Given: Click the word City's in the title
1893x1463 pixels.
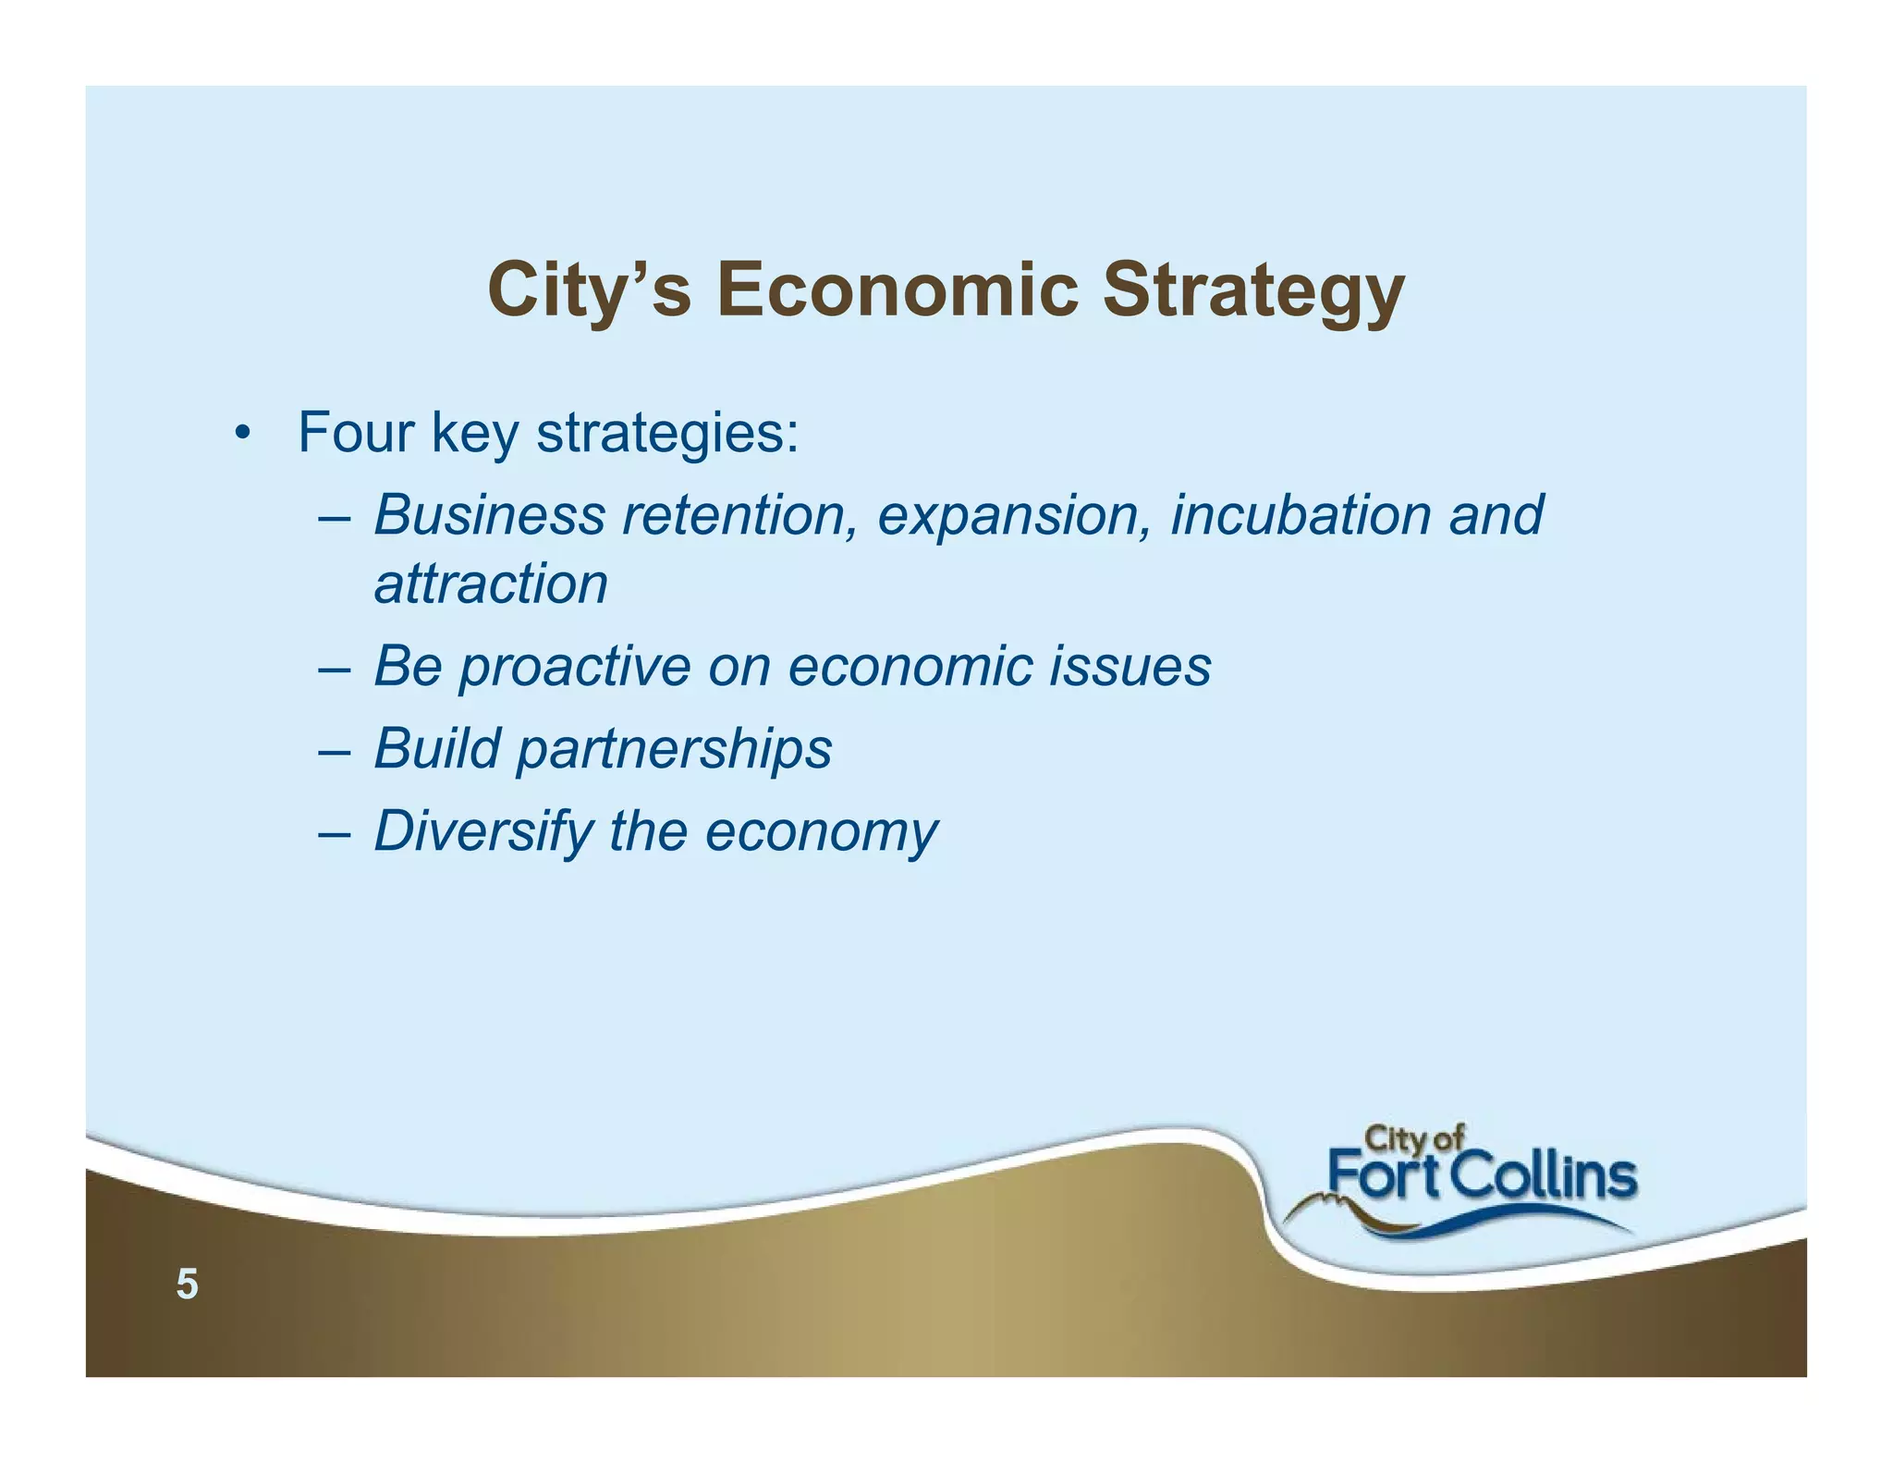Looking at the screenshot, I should point(589,290).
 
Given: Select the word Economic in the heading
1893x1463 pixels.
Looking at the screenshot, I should point(898,289).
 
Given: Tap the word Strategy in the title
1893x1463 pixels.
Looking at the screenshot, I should point(1253,290).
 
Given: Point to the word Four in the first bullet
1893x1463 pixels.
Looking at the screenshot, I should point(355,432).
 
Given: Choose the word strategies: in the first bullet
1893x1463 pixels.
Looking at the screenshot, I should point(667,434).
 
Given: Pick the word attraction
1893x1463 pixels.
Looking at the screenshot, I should point(491,584).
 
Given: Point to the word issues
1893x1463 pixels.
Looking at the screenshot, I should point(1130,666).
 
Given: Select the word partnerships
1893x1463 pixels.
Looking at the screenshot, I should point(674,749).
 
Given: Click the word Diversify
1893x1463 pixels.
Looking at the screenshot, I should point(482,831).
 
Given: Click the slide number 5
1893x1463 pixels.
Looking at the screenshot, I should point(187,1285).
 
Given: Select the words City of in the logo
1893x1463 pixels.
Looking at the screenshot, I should point(1413,1137).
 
